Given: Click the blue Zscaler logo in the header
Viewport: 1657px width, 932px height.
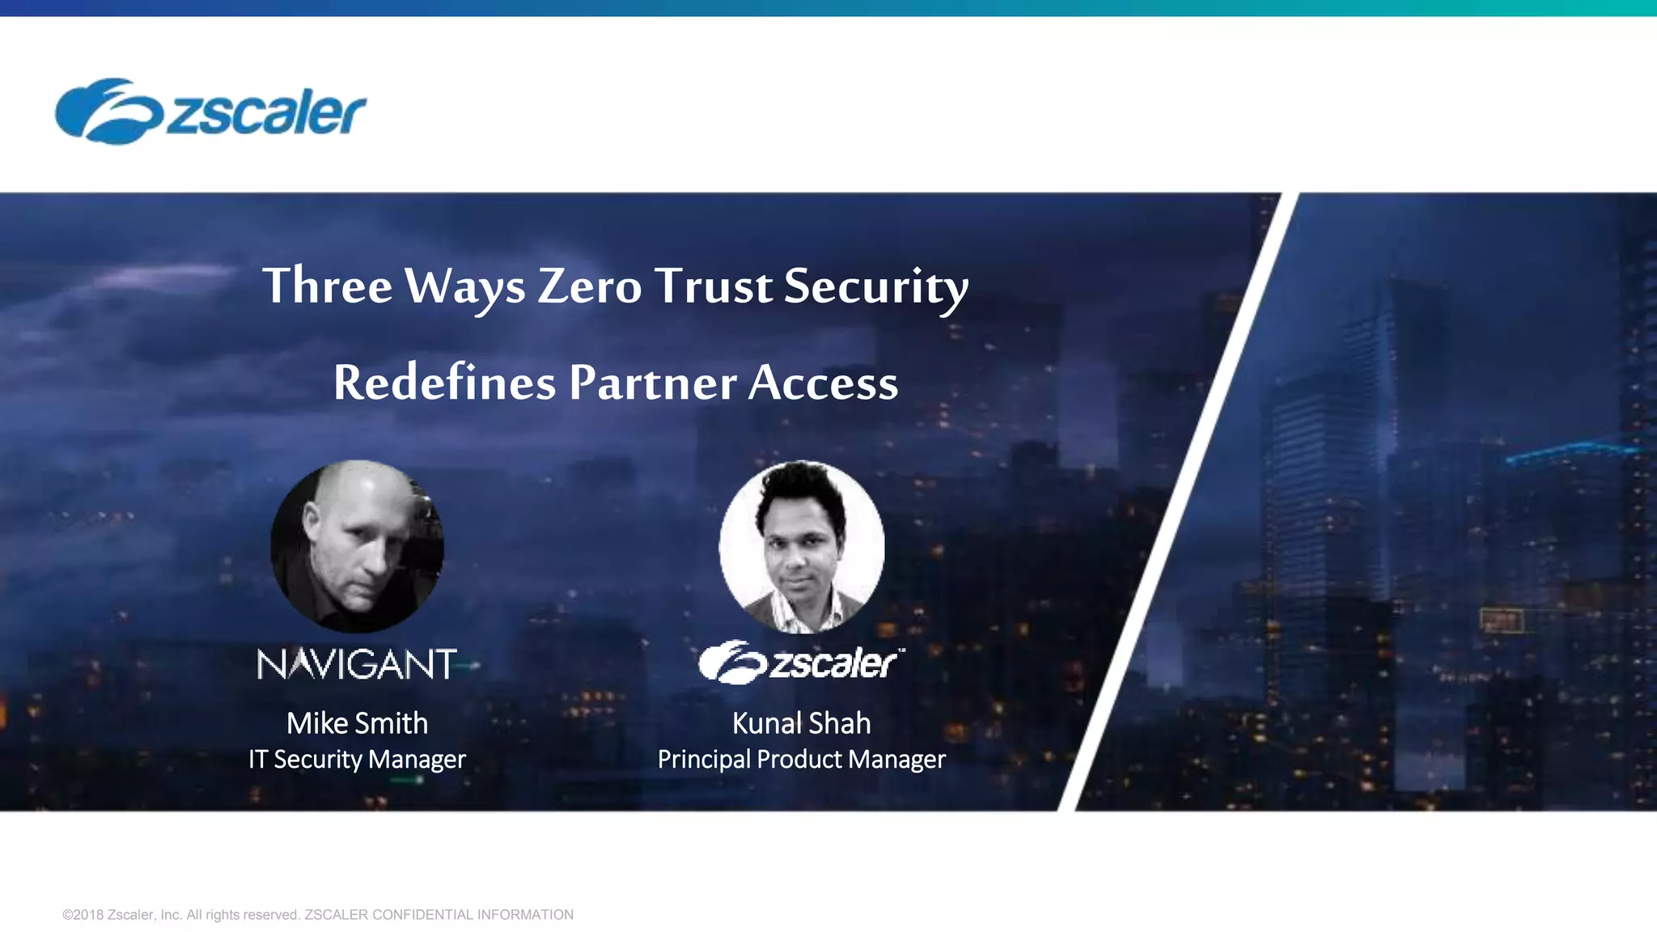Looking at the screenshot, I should [x=210, y=112].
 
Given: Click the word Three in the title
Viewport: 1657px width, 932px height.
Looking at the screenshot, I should [x=328, y=286].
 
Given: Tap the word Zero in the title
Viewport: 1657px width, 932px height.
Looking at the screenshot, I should [x=590, y=286].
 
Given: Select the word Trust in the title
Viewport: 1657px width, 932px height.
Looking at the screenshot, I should [x=714, y=286].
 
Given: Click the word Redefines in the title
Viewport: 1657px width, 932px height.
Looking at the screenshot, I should [x=444, y=383].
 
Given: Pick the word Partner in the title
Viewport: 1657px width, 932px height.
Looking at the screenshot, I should [x=652, y=383].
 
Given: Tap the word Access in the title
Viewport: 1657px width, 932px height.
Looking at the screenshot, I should [x=823, y=383].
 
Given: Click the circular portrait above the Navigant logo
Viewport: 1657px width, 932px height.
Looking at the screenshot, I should [x=357, y=546].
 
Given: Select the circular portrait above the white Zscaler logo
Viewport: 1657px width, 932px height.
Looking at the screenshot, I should [x=801, y=546].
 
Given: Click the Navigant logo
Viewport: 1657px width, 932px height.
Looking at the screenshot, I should [x=357, y=664].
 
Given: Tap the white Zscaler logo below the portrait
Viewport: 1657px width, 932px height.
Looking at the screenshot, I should [x=801, y=663].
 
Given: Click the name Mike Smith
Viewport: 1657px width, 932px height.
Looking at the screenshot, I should [x=357, y=723].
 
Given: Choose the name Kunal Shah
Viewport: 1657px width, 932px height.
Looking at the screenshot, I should [x=801, y=723].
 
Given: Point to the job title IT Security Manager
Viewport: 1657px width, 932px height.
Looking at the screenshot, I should [x=357, y=760].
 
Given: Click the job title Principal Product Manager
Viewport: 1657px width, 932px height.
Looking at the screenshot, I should [x=801, y=760].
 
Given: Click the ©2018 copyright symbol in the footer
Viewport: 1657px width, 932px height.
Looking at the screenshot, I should [x=67, y=915].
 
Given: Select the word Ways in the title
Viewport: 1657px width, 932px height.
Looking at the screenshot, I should [x=464, y=287].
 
